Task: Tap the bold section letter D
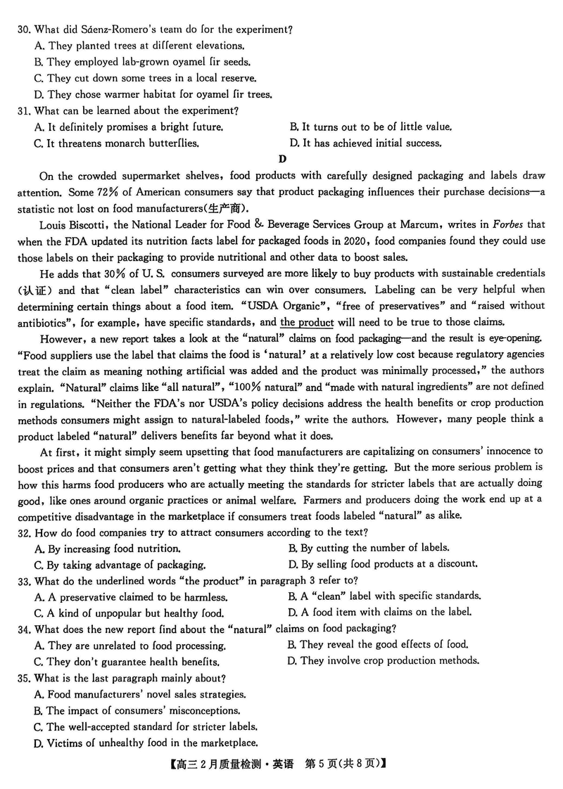(282, 160)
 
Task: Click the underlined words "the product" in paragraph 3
(307, 322)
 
